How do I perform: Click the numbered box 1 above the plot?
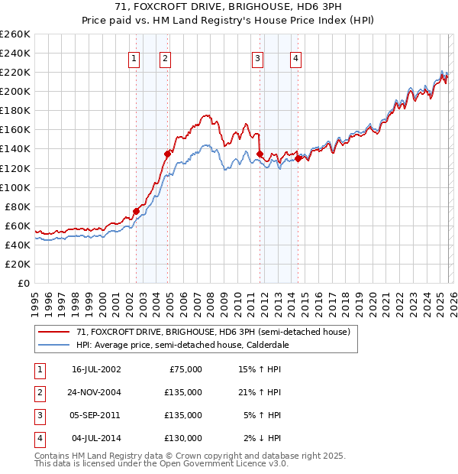tap(134, 58)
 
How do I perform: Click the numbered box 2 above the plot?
tap(165, 58)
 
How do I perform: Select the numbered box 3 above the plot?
tap(258, 58)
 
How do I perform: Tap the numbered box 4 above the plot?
tap(295, 58)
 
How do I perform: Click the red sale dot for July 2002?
tap(137, 211)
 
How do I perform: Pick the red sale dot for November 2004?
tap(167, 154)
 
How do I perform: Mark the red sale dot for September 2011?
tap(260, 154)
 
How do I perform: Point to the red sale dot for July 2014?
tap(298, 158)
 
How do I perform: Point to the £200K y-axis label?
tap(15, 91)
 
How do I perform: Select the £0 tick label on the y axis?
tap(23, 283)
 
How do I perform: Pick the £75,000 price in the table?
tap(184, 369)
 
